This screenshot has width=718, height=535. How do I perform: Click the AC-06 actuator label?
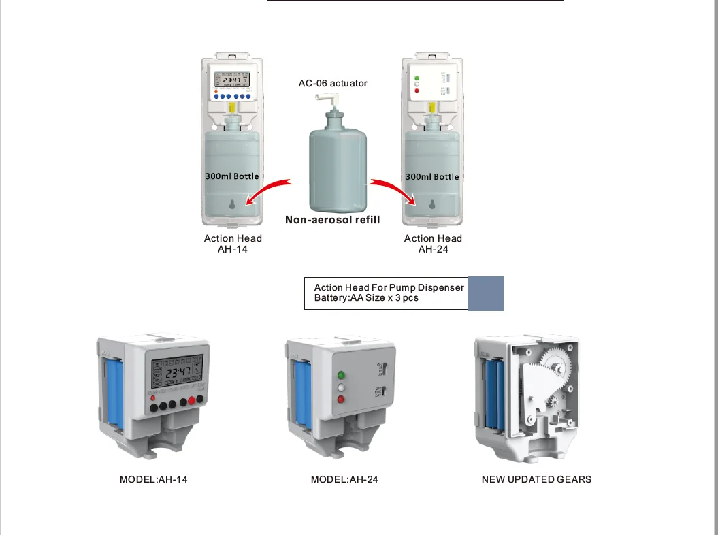click(333, 83)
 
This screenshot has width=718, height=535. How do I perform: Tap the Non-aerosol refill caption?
click(332, 220)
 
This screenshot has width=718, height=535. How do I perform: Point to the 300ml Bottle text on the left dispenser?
click(232, 176)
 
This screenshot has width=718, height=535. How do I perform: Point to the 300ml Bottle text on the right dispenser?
click(432, 176)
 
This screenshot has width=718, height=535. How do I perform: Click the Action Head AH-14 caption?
click(233, 244)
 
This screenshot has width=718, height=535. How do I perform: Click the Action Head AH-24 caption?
click(433, 244)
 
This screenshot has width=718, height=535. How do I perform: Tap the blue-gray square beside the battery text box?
click(485, 293)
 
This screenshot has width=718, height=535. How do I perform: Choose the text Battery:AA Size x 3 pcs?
click(366, 298)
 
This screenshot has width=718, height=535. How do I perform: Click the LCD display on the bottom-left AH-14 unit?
click(177, 373)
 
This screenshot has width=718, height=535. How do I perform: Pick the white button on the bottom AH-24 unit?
click(341, 387)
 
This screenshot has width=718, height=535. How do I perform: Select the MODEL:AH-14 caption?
click(154, 479)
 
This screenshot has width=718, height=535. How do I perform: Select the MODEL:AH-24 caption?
click(344, 479)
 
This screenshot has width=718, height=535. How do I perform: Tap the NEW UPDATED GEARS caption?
click(536, 479)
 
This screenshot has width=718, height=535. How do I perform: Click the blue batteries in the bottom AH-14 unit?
click(113, 391)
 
